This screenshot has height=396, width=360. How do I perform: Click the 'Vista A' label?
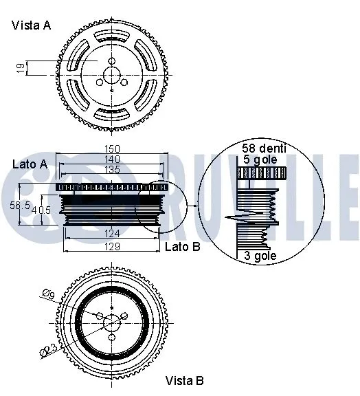(31, 25)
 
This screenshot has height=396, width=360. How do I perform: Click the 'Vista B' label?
(184, 379)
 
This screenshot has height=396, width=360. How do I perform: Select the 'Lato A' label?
(30, 164)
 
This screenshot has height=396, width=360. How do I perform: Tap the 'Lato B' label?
(183, 247)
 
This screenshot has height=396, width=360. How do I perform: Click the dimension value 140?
(112, 159)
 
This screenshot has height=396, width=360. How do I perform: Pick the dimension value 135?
(112, 169)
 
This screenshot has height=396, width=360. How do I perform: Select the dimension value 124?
(112, 233)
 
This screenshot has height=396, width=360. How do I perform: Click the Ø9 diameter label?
(48, 296)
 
